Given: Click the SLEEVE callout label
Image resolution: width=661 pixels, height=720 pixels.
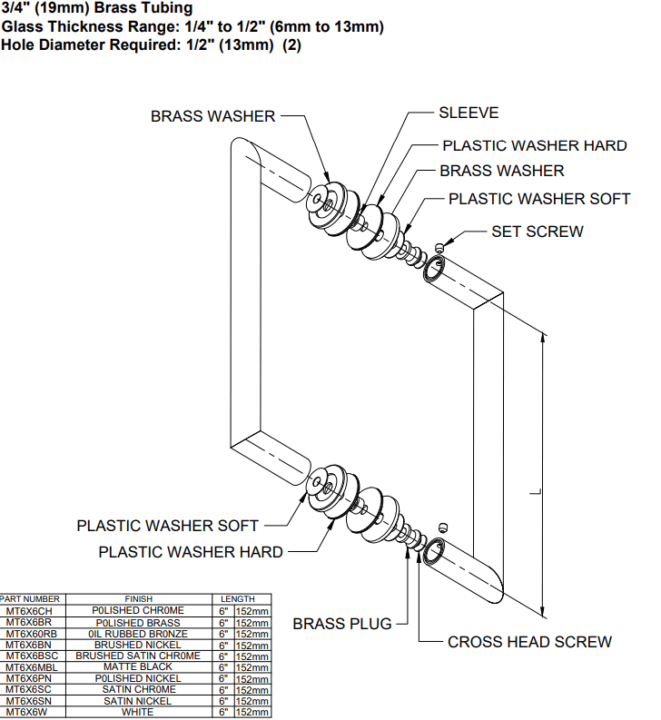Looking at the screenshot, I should click(469, 113).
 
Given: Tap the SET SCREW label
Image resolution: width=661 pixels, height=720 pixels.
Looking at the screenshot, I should click(538, 232).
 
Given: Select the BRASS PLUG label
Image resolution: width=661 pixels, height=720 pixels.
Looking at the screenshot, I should click(342, 624).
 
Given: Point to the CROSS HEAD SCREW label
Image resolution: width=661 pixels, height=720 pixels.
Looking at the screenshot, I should click(529, 642).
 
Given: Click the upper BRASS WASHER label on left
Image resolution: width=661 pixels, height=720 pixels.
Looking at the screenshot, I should click(212, 116).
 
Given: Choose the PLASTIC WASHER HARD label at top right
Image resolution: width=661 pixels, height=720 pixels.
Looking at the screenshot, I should click(534, 145).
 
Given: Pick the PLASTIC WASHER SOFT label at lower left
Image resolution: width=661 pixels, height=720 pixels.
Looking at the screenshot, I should click(167, 526).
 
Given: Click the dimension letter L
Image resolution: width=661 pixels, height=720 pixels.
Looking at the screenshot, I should click(535, 491).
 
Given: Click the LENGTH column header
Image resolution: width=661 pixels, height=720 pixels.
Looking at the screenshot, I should click(238, 599).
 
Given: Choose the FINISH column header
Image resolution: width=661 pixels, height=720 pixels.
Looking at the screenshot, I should click(138, 599).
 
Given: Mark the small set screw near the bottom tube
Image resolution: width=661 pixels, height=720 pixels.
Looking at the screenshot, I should click(442, 528).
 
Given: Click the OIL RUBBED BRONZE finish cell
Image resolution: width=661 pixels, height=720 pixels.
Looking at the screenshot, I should click(138, 633).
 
